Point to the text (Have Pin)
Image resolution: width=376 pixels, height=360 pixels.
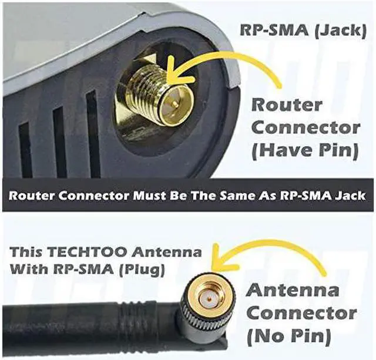click(304, 150)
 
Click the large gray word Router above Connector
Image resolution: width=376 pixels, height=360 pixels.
click(287, 106)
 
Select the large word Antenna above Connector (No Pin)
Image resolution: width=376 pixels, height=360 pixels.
click(293, 291)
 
